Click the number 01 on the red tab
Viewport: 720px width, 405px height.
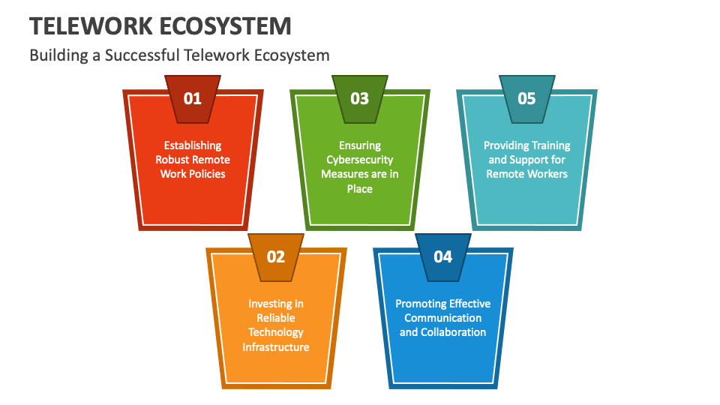point(193,98)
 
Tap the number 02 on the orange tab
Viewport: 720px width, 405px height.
point(276,256)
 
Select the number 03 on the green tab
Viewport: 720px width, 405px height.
point(360,98)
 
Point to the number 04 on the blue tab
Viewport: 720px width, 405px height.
point(443,256)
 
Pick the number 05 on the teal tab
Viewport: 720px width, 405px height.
point(527,98)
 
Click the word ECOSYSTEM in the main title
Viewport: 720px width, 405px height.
point(226,26)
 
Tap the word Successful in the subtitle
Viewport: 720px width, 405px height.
point(138,55)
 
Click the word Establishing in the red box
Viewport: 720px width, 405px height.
point(193,145)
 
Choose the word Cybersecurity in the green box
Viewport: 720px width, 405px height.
point(360,160)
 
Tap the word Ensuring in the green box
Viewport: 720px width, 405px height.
point(360,145)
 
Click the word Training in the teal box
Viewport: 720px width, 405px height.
point(548,145)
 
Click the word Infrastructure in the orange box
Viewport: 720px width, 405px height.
point(276,346)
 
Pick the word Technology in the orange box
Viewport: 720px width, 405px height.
point(276,332)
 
